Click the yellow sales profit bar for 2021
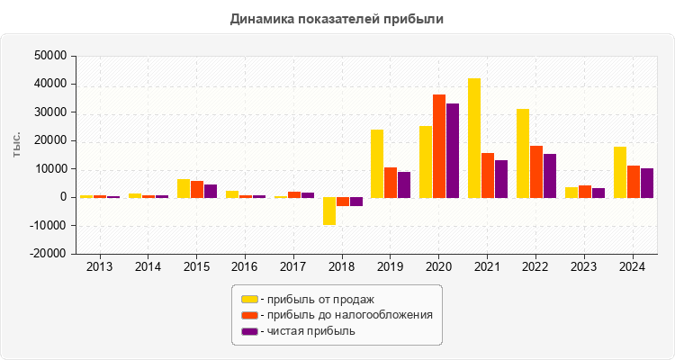tap(473, 138)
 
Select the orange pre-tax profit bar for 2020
tap(439, 146)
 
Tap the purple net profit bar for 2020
tap(453, 150)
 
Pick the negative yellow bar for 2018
tap(329, 211)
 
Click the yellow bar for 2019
tap(377, 163)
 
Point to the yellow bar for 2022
tap(523, 153)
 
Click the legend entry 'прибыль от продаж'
tap(314, 299)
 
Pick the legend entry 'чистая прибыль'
tap(306, 331)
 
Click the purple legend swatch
tap(248, 331)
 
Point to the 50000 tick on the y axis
tap(49, 56)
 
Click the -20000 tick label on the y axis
tap(48, 254)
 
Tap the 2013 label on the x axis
tap(99, 267)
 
